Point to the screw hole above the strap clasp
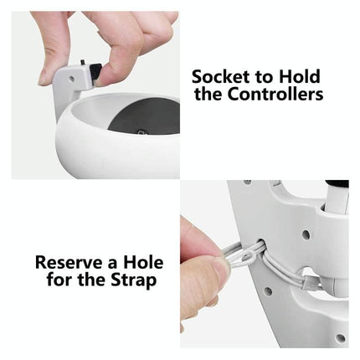click(306, 235)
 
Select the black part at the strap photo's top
click(337, 183)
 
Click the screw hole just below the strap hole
click(268, 291)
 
